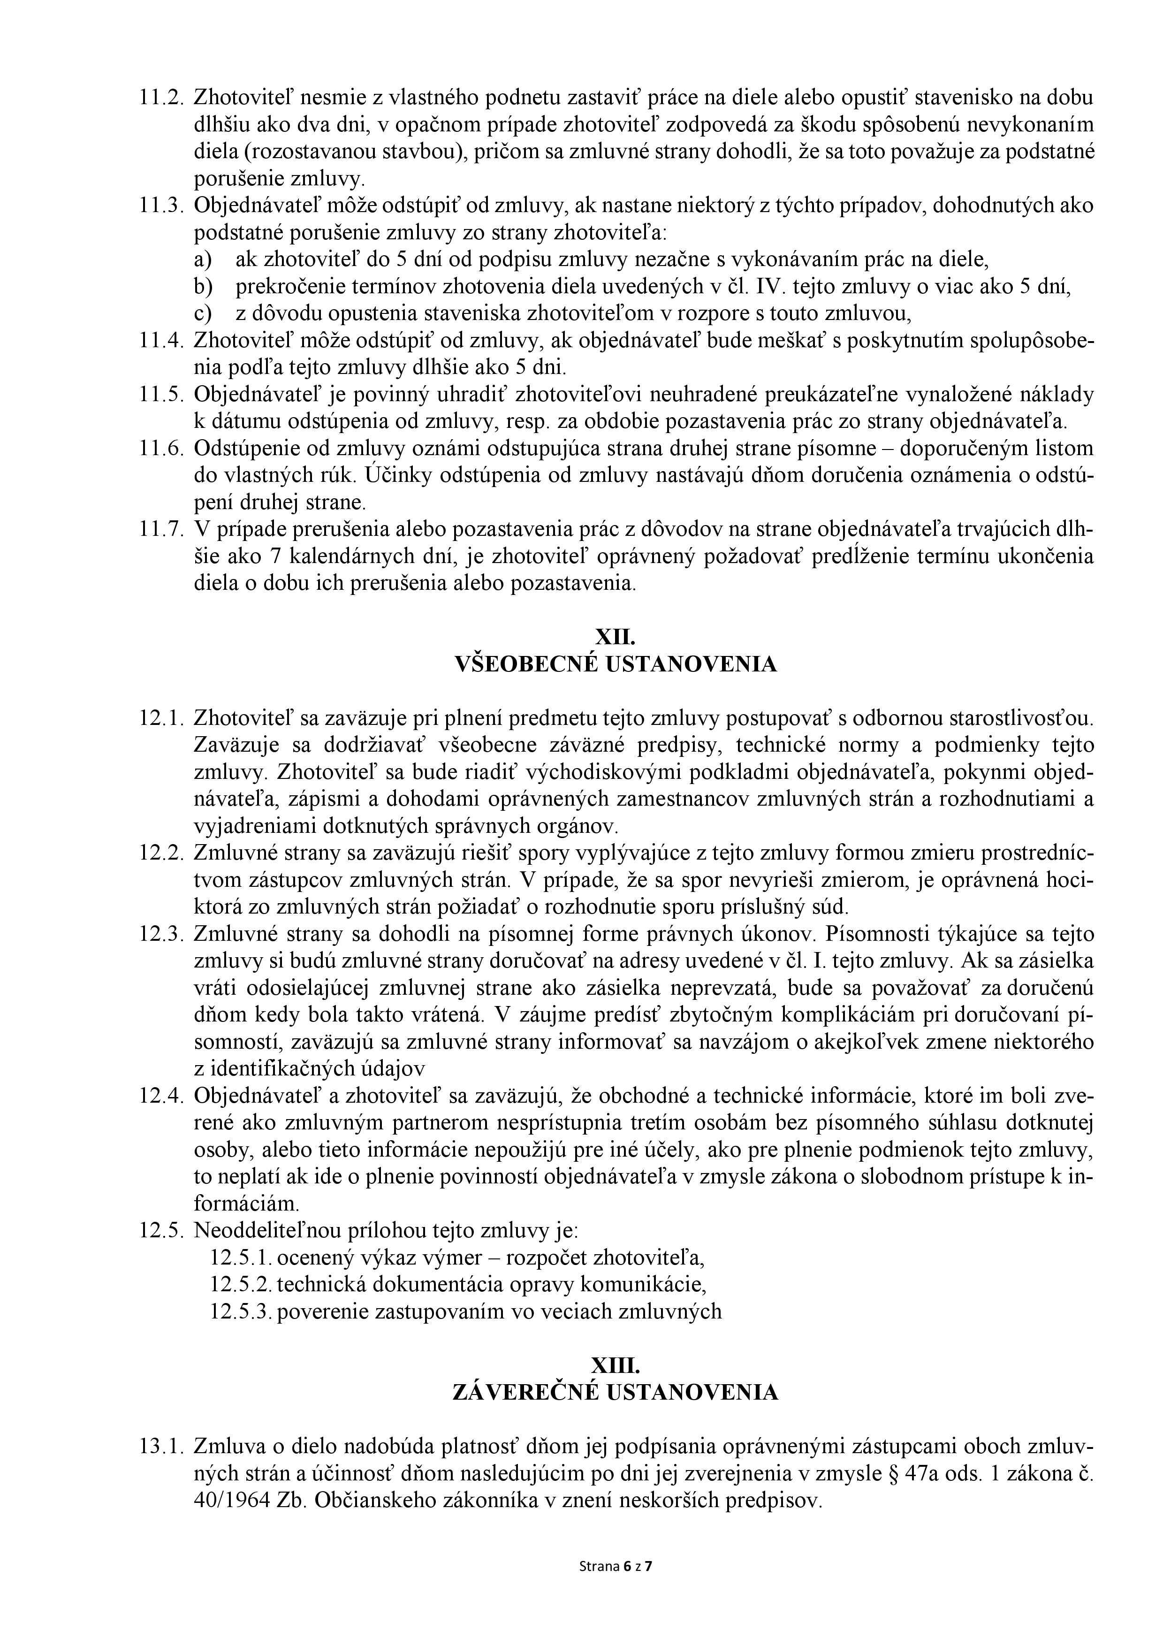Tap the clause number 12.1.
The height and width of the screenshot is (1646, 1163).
coord(161,718)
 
